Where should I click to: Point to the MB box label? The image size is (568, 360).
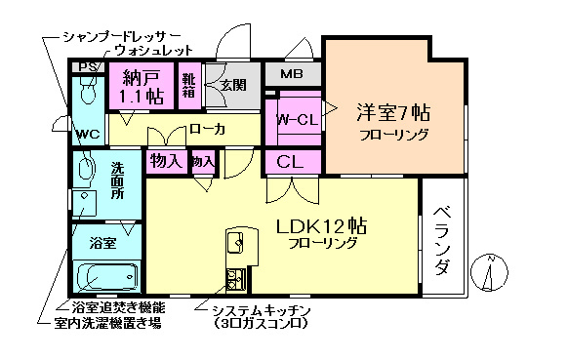[293, 74]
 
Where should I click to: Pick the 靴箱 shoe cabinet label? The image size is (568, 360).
[189, 87]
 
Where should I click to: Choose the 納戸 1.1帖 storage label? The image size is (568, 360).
[141, 86]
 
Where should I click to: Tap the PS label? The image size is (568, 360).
[87, 67]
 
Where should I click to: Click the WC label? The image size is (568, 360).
[87, 132]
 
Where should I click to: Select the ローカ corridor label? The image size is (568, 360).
[207, 129]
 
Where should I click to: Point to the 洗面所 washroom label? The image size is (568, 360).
[116, 180]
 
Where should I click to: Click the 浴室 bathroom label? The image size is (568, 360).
[102, 240]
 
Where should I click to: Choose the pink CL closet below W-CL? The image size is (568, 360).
[290, 161]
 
